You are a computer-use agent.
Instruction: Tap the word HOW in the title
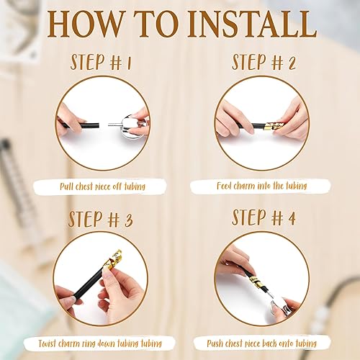point(84,24)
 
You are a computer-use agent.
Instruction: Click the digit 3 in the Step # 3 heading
point(128,220)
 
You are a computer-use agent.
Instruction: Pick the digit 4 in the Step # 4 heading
point(291,218)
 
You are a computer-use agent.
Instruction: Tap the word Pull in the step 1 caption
point(66,186)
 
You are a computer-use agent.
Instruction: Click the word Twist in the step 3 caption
point(47,343)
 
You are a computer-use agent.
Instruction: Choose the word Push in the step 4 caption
point(215,343)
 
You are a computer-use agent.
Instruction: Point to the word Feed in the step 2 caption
point(224,186)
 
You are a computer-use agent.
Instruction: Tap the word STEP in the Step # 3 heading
point(86,220)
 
